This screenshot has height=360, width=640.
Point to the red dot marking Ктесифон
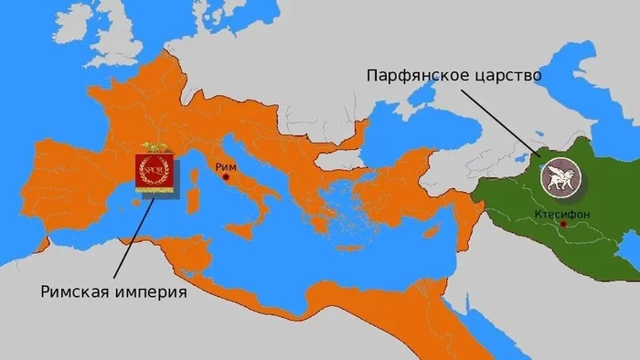coord(564,223)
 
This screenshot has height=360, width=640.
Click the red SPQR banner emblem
coord(153,171)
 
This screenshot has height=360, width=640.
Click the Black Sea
coord(402,128)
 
